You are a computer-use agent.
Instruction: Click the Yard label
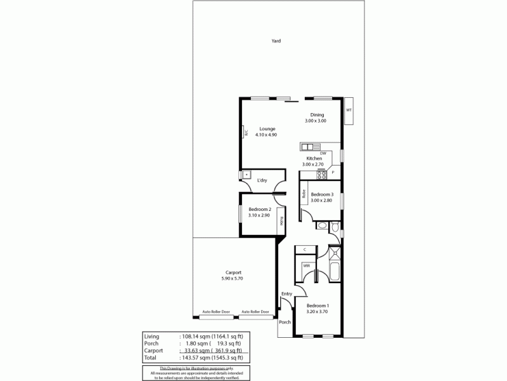tap(276, 41)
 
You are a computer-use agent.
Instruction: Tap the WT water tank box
tap(349, 110)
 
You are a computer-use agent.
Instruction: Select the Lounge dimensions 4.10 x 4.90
tap(266, 135)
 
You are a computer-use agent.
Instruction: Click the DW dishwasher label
tap(323, 153)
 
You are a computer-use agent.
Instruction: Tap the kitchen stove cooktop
tap(322, 173)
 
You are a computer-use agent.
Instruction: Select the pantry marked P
tap(333, 173)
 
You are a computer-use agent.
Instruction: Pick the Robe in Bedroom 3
tap(304, 195)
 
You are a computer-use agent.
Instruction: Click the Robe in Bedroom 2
tap(279, 223)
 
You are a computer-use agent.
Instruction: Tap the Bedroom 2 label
tap(260, 210)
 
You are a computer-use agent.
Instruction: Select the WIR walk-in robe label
tap(306, 265)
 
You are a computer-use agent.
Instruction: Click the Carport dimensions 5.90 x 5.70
tap(233, 278)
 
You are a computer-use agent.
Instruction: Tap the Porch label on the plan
tap(285, 322)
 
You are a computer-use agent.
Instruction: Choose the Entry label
tap(287, 293)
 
